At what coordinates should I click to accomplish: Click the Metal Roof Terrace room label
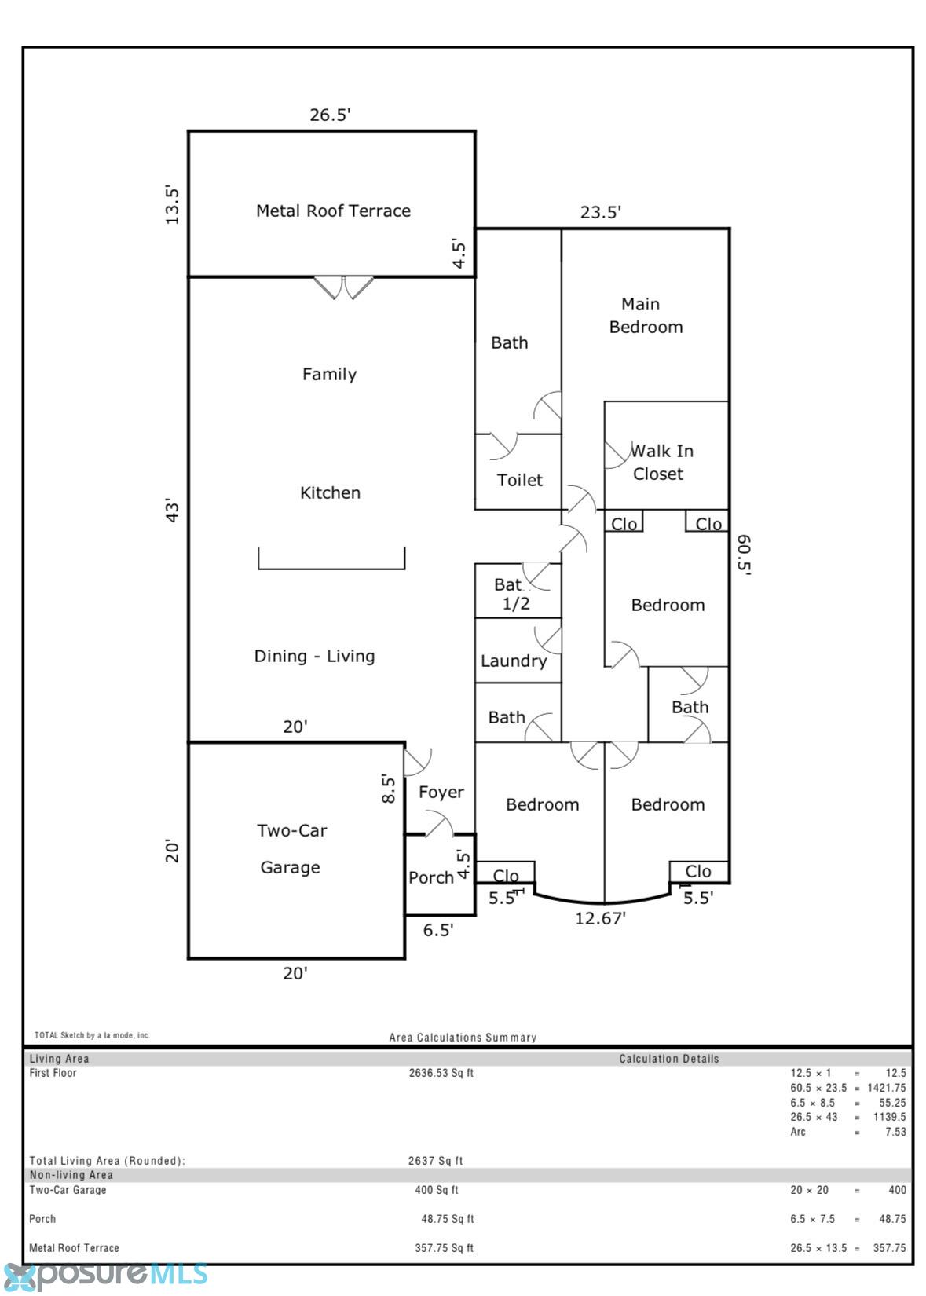pyautogui.click(x=333, y=211)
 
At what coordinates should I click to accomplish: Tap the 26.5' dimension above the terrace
pyautogui.click(x=330, y=115)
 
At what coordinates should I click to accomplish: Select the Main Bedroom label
pyautogui.click(x=646, y=315)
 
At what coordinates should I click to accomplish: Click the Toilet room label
pyautogui.click(x=519, y=480)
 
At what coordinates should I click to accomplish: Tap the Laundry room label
pyautogui.click(x=514, y=661)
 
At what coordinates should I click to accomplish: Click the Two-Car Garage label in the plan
pyautogui.click(x=291, y=849)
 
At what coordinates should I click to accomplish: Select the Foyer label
pyautogui.click(x=441, y=792)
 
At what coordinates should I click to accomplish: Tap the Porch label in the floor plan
pyautogui.click(x=431, y=877)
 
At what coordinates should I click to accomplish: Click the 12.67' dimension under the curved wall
pyautogui.click(x=600, y=918)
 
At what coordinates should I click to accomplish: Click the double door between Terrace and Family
pyautogui.click(x=343, y=287)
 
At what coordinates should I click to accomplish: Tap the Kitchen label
pyautogui.click(x=330, y=492)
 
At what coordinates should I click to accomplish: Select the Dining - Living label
pyautogui.click(x=314, y=656)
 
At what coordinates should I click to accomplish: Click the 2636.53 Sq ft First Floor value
pyautogui.click(x=441, y=1073)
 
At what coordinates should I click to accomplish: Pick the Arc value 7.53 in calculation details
pyautogui.click(x=895, y=1132)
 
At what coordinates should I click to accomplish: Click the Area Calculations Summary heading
pyautogui.click(x=463, y=1038)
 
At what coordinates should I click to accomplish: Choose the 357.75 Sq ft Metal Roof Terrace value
pyautogui.click(x=444, y=1248)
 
